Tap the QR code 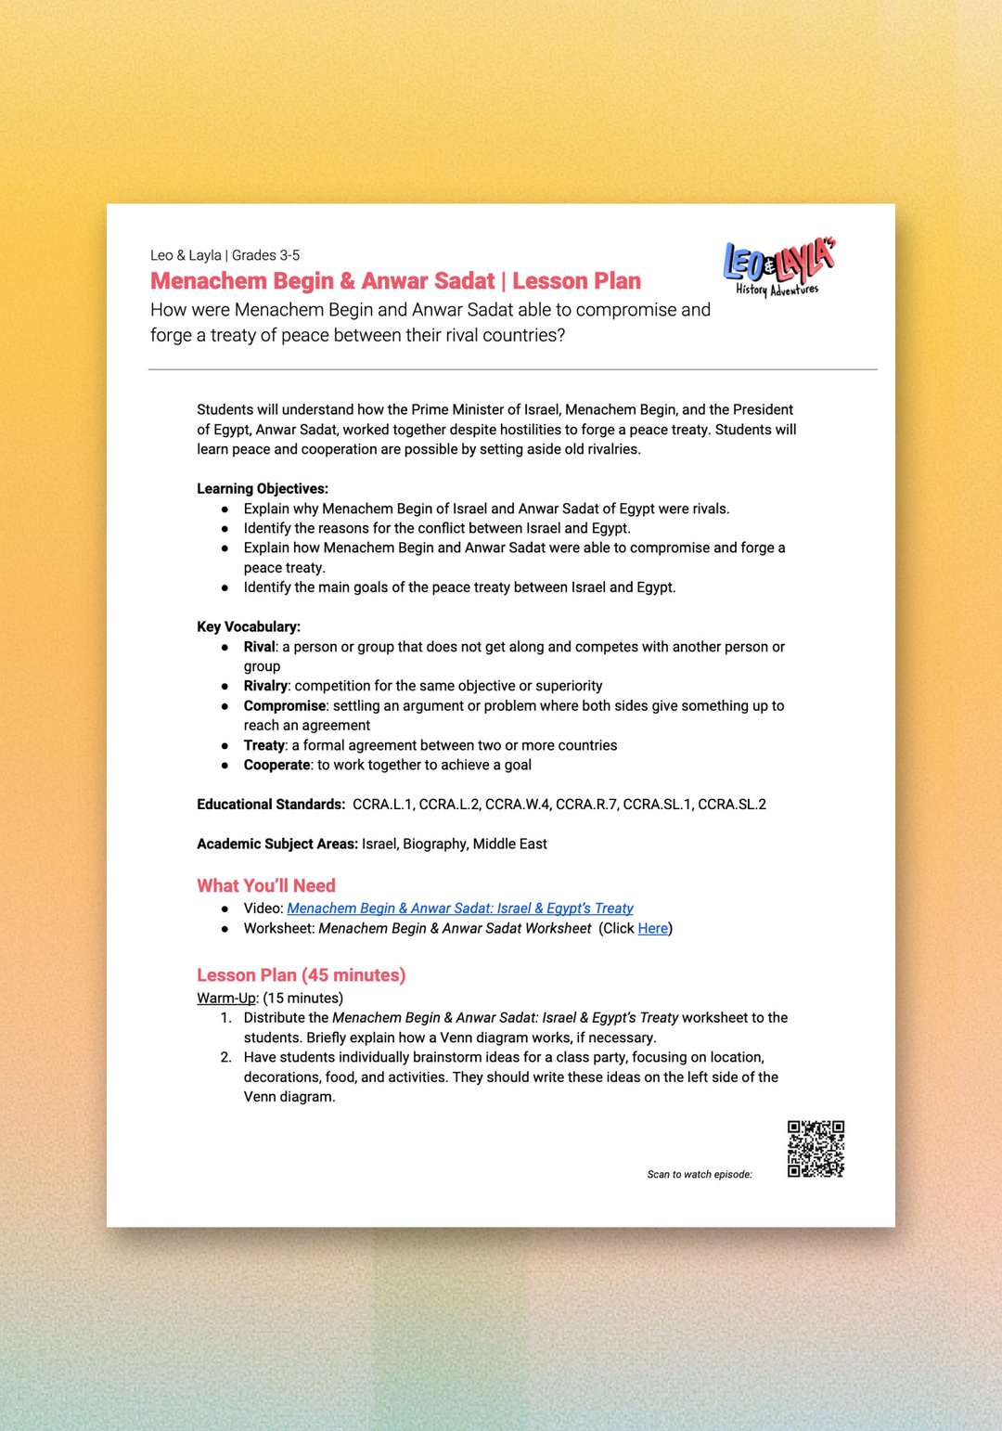pyautogui.click(x=816, y=1149)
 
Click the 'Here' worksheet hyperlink pyautogui.click(x=652, y=928)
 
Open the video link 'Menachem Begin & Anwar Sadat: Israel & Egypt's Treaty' pyautogui.click(x=459, y=909)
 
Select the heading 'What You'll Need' pyautogui.click(x=266, y=885)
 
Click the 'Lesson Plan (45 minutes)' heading pyautogui.click(x=301, y=975)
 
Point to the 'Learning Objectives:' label pyautogui.click(x=263, y=489)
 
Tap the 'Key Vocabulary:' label pyautogui.click(x=249, y=627)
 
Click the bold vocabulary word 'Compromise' pyautogui.click(x=284, y=706)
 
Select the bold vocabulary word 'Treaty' pyautogui.click(x=263, y=745)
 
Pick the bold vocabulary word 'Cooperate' pyautogui.click(x=276, y=765)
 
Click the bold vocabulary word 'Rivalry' pyautogui.click(x=265, y=686)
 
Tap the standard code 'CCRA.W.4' pyautogui.click(x=517, y=805)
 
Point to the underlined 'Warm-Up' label pyautogui.click(x=226, y=999)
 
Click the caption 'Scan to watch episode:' pyautogui.click(x=700, y=1175)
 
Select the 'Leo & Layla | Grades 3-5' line pyautogui.click(x=225, y=255)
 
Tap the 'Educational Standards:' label pyautogui.click(x=271, y=805)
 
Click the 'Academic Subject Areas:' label pyautogui.click(x=276, y=844)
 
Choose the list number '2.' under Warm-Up pyautogui.click(x=226, y=1057)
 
